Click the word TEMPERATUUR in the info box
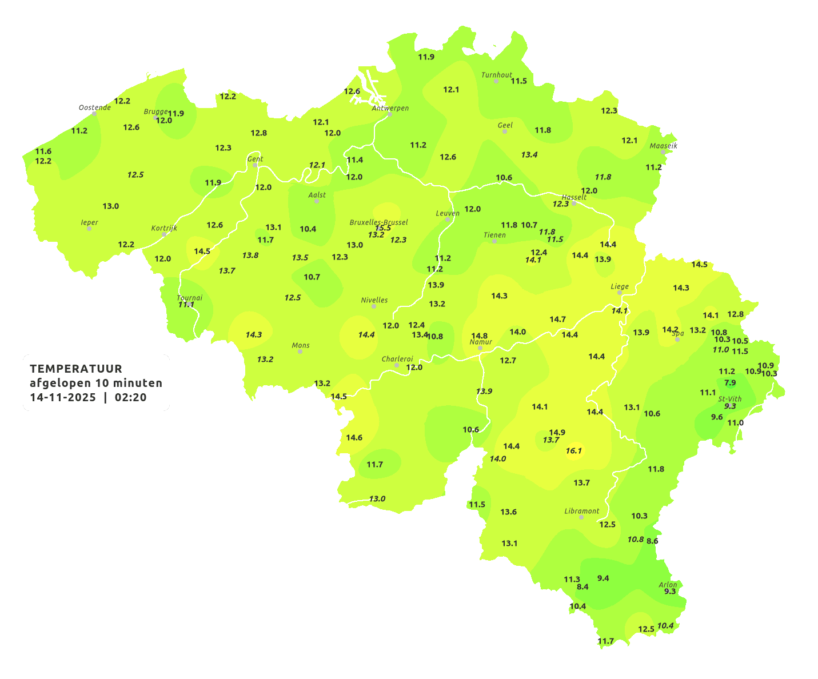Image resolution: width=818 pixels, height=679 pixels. pyautogui.click(x=76, y=369)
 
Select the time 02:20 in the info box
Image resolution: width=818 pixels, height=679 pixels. pyautogui.click(x=130, y=398)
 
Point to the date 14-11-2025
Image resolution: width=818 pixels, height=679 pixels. pyautogui.click(x=63, y=398)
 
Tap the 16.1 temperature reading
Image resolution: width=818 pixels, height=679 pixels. pyautogui.click(x=574, y=451)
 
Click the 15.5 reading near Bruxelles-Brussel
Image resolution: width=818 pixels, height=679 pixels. pyautogui.click(x=383, y=228)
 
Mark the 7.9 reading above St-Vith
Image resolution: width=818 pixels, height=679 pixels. pyautogui.click(x=730, y=382)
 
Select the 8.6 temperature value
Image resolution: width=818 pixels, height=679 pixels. pyautogui.click(x=652, y=541)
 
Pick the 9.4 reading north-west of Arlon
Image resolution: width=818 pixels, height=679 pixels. pyautogui.click(x=603, y=578)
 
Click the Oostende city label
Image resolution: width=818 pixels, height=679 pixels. pyautogui.click(x=94, y=107)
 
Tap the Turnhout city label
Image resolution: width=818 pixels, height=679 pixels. pyautogui.click(x=497, y=75)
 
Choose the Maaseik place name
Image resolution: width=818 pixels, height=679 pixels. pyautogui.click(x=663, y=146)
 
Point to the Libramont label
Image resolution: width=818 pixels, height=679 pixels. pyautogui.click(x=582, y=511)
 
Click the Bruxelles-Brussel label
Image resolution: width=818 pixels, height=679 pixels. pyautogui.click(x=379, y=222)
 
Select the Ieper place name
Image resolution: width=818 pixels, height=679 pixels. pyautogui.click(x=90, y=222)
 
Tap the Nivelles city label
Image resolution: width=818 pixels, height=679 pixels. pyautogui.click(x=374, y=300)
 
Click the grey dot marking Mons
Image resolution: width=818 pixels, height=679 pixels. pyautogui.click(x=300, y=352)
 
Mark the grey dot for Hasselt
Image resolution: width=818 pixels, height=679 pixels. pyautogui.click(x=574, y=203)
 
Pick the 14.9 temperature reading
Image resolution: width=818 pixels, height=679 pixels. pyautogui.click(x=557, y=432)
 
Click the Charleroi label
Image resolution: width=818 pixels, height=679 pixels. pyautogui.click(x=397, y=359)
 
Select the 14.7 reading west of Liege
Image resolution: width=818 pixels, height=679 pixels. pyautogui.click(x=557, y=319)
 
